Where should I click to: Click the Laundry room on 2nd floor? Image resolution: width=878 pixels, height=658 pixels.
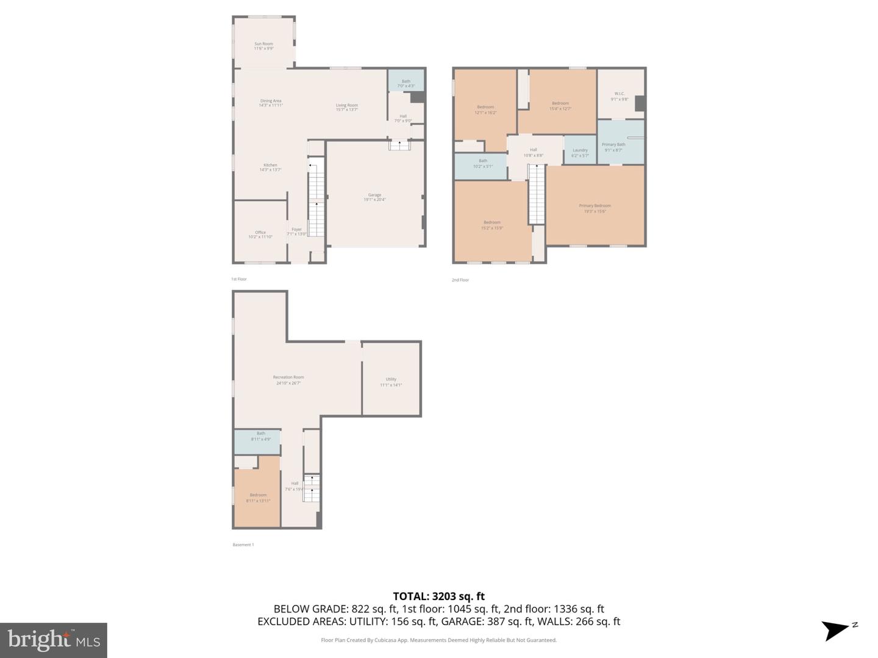580,152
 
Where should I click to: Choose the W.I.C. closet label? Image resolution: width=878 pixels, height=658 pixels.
619,96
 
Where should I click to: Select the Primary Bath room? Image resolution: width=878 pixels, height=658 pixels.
613,146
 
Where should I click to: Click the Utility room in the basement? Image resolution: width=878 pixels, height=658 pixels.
391,381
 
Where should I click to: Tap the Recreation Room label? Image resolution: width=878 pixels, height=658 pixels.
288,380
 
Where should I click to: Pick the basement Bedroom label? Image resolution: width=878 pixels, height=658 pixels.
258,497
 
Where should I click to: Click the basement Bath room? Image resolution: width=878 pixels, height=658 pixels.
261,436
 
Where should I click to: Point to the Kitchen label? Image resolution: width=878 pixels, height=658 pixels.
270,167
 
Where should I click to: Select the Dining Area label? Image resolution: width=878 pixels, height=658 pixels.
271,103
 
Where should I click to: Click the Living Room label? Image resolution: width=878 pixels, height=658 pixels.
346,107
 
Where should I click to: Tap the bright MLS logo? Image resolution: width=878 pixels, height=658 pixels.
54,640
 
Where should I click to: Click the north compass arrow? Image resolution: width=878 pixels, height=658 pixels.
837,629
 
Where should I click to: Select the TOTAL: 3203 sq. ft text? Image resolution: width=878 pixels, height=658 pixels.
438,596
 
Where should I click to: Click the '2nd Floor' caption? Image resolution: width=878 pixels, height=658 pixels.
460,280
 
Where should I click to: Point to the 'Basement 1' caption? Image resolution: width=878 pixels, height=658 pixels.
243,545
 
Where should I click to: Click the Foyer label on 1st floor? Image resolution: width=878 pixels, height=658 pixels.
296,232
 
